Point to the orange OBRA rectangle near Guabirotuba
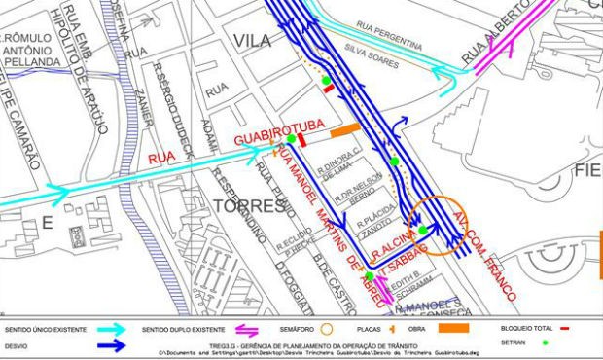pyautogui.click(x=345, y=128)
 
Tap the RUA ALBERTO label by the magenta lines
pyautogui.click(x=491, y=45)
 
